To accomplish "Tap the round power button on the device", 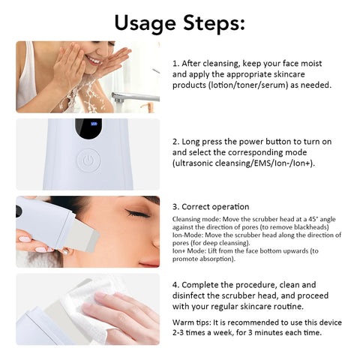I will coord(88,160).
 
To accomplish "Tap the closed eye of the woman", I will coord(138,213).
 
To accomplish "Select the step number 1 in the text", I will coord(175,64).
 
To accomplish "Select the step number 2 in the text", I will coord(175,140).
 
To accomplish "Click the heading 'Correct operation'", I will coord(216,205).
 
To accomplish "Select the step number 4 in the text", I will coord(175,284).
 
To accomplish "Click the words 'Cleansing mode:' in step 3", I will coord(193,218).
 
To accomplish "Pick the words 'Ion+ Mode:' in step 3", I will coord(190,251).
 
